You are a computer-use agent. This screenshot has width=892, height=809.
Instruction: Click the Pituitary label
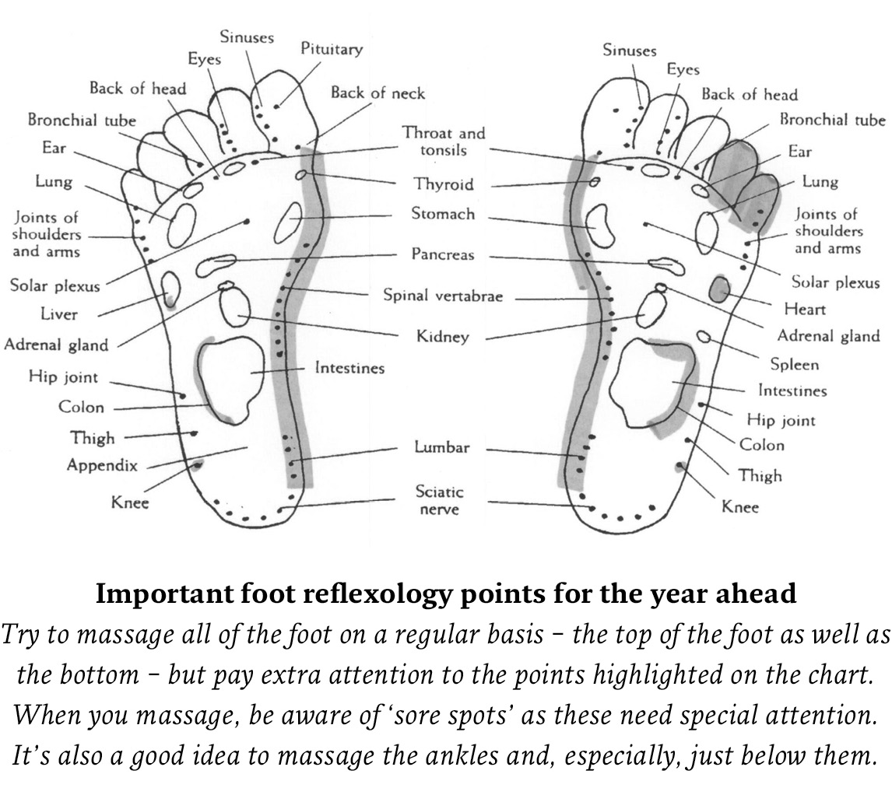(x=332, y=49)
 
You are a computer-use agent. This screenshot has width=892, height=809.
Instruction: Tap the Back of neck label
(x=378, y=93)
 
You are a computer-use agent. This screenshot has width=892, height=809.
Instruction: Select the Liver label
(x=59, y=314)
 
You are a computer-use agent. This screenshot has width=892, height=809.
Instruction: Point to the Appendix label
(x=102, y=465)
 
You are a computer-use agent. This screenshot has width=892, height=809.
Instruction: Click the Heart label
(x=805, y=310)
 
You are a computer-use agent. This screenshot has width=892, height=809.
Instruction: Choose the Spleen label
(x=794, y=364)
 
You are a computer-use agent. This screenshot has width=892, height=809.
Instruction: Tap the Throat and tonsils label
(x=444, y=142)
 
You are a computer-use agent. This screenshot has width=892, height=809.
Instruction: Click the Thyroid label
(x=444, y=184)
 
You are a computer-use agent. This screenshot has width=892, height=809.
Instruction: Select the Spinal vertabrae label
(x=443, y=296)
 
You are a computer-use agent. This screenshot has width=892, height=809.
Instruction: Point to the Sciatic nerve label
(x=439, y=501)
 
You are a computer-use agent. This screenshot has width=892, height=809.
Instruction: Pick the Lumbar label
(x=441, y=447)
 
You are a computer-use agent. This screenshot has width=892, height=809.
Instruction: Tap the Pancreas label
(x=443, y=254)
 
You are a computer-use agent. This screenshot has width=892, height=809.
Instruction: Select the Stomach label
(x=443, y=214)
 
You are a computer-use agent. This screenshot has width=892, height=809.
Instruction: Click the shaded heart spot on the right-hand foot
(x=720, y=289)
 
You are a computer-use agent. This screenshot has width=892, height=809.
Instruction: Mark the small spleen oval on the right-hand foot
(x=704, y=336)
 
